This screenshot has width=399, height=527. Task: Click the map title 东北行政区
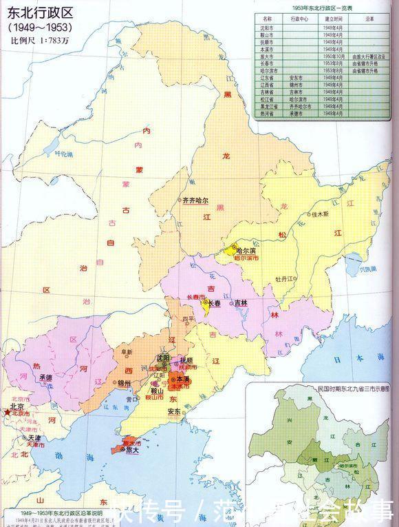(x=39, y=10)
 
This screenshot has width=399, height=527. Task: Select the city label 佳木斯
(x=321, y=214)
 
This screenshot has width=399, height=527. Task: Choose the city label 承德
(x=46, y=378)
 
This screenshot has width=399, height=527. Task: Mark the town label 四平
(x=187, y=318)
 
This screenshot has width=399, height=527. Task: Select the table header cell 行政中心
(x=301, y=20)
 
